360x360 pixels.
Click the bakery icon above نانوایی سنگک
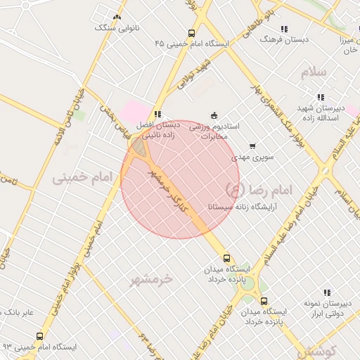(x=117, y=18)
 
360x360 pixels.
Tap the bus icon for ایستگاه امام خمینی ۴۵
(x=192, y=33)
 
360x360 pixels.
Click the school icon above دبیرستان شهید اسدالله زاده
(x=321, y=97)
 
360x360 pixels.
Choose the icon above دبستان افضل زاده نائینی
(x=158, y=113)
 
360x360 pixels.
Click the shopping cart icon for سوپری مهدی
(x=252, y=146)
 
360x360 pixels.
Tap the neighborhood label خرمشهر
(x=150, y=279)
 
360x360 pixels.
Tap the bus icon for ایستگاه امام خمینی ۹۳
(x=39, y=336)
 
